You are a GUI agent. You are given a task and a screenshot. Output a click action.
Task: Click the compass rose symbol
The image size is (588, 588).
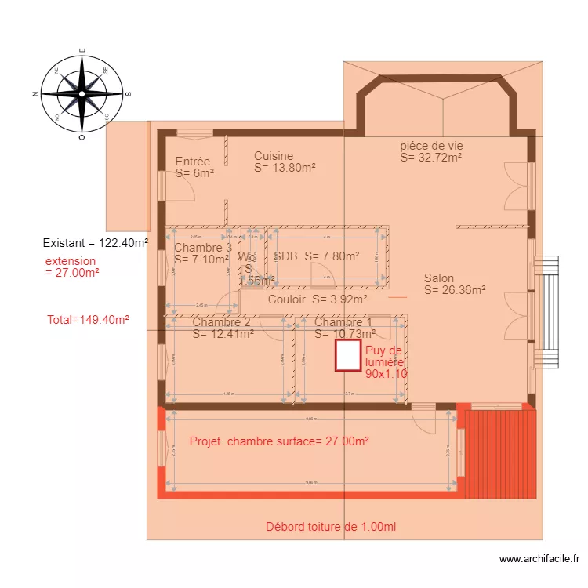click(82, 93)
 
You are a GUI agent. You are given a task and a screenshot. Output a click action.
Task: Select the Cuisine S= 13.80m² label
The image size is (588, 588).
click(285, 162)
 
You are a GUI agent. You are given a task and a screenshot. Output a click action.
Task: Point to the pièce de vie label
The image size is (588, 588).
click(431, 151)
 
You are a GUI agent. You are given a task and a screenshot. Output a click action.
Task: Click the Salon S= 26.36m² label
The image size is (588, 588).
click(455, 284)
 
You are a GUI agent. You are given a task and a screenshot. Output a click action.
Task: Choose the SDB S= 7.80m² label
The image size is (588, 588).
click(316, 256)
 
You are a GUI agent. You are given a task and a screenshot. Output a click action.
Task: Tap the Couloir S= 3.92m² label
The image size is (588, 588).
click(318, 299)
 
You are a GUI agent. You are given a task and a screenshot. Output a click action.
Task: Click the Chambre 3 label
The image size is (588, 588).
click(203, 253)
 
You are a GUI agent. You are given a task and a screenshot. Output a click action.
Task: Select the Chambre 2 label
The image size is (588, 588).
click(222, 328)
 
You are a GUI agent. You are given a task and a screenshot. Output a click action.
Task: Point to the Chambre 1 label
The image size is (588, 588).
click(344, 328)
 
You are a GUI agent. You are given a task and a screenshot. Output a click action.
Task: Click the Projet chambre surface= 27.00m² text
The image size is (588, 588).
click(279, 441)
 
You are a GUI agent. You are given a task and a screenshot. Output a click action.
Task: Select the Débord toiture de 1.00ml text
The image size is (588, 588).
click(331, 527)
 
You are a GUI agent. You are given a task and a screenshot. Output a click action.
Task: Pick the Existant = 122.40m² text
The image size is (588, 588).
click(96, 243)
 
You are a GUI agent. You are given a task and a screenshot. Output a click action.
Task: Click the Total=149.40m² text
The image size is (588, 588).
click(88, 320)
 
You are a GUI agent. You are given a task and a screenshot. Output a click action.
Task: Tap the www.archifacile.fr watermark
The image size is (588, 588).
click(539, 559)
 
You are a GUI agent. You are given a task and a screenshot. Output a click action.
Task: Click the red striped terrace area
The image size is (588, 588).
click(500, 453)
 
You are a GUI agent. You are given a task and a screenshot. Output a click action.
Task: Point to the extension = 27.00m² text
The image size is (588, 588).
click(71, 267)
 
